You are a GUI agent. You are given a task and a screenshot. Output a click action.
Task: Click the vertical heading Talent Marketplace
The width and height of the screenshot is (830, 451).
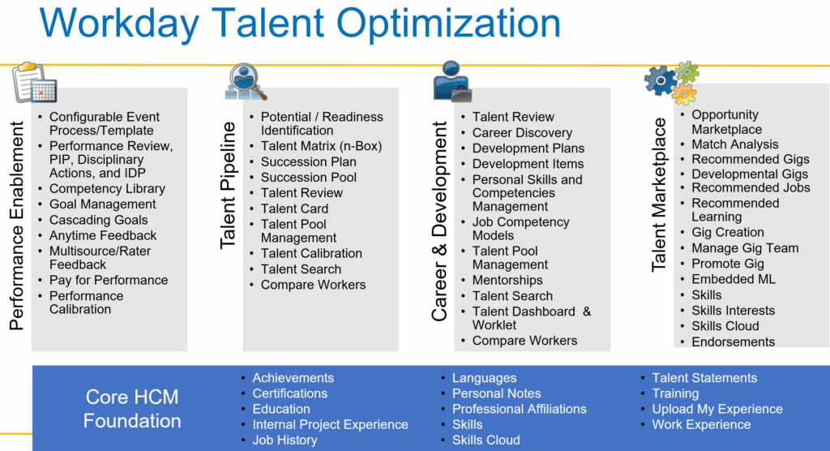pos(659,194)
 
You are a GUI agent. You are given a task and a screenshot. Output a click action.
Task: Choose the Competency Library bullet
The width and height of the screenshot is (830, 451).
pos(107,188)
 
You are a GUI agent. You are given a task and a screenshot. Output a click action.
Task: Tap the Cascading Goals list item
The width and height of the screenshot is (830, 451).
pos(98,220)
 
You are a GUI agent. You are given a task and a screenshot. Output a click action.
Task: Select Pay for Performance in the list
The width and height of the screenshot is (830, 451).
pos(108,280)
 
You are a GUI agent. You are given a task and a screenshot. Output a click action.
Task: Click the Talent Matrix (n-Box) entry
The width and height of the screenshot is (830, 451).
pos(321,146)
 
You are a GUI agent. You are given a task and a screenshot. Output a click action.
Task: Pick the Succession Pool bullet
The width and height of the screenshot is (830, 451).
pos(308,177)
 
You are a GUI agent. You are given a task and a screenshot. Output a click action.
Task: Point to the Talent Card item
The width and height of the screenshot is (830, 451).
pos(294,208)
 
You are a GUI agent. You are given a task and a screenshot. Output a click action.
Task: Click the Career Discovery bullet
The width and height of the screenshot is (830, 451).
pos(522,132)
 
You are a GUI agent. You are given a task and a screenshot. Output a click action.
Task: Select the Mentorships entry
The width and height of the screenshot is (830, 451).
pos(507,280)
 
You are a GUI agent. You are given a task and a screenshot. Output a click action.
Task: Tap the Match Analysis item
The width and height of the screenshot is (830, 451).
pos(734,144)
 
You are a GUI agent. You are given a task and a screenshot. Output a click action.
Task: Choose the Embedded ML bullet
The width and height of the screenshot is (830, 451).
pos(733,279)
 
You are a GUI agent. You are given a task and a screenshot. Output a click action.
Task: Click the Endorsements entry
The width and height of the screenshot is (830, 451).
pos(733,341)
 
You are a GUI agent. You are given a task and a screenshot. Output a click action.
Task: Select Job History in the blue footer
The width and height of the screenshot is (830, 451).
pos(285,440)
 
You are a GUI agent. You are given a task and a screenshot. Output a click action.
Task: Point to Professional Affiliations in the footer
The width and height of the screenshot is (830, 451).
pos(519,409)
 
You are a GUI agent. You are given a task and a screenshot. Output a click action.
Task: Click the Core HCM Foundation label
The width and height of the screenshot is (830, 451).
pos(132,409)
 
